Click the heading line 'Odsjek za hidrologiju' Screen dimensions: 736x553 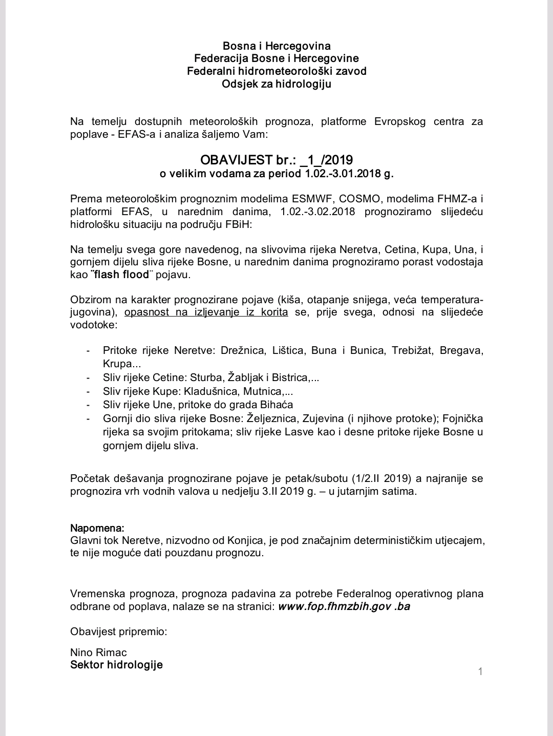(276, 83)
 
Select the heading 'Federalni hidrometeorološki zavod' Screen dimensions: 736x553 (276, 71)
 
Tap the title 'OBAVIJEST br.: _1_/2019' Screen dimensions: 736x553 (276, 160)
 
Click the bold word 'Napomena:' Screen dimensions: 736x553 (97, 528)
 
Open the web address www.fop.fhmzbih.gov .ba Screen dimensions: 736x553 (344, 606)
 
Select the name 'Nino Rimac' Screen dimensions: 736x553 (98, 652)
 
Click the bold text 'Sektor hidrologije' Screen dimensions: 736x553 (116, 665)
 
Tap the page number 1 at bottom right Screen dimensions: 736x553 (480, 671)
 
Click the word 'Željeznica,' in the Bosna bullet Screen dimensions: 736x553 (274, 418)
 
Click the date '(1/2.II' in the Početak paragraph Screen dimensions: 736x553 (368, 479)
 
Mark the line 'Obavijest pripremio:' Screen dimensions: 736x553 (119, 631)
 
